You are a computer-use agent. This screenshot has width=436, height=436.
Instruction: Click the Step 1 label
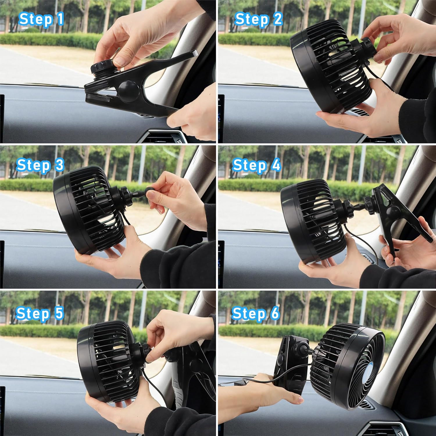(x=41, y=19)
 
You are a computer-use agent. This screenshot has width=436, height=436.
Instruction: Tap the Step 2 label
(x=258, y=19)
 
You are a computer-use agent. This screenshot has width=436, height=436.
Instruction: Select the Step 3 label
(x=40, y=165)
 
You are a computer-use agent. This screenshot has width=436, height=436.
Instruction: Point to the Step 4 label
(x=256, y=165)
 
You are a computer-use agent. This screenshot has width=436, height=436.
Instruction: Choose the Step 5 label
(x=40, y=313)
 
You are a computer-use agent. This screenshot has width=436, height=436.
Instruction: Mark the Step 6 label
(x=255, y=313)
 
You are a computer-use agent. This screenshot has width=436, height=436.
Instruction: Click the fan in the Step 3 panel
(x=87, y=209)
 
